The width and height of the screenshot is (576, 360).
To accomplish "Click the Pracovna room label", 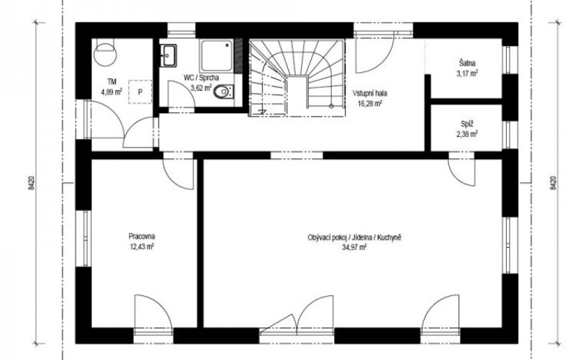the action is click(x=142, y=236).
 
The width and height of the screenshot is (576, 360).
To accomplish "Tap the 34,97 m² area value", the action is click(x=354, y=247).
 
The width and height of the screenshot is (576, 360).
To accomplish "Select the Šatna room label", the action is click(x=467, y=63).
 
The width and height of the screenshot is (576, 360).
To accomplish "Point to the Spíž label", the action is click(x=467, y=124).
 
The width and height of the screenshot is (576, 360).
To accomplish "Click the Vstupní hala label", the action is click(x=370, y=94).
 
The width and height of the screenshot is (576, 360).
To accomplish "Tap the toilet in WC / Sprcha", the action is click(x=222, y=91).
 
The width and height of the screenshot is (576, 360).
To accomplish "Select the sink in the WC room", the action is click(x=169, y=55).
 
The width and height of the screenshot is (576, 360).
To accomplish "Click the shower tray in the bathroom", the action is click(x=217, y=56).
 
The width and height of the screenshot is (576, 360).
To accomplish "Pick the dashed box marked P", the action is click(x=140, y=92).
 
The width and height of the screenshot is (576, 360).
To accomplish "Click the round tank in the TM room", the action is click(x=105, y=53).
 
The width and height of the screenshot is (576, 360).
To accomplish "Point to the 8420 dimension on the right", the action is click(x=554, y=183).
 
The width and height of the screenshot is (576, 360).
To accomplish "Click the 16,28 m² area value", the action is click(x=370, y=103).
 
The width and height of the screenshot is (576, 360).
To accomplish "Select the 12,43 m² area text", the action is click(x=142, y=246).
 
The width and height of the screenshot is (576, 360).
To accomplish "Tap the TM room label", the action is click(x=112, y=81).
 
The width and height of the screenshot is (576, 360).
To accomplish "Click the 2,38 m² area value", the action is click(x=467, y=134).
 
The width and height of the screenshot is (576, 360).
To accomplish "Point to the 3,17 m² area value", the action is click(x=467, y=73).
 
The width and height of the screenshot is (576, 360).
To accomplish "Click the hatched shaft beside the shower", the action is click(x=239, y=55).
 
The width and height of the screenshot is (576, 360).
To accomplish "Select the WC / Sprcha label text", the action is click(x=201, y=78).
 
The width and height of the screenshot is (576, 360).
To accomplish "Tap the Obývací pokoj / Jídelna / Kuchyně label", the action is click(x=354, y=238).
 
